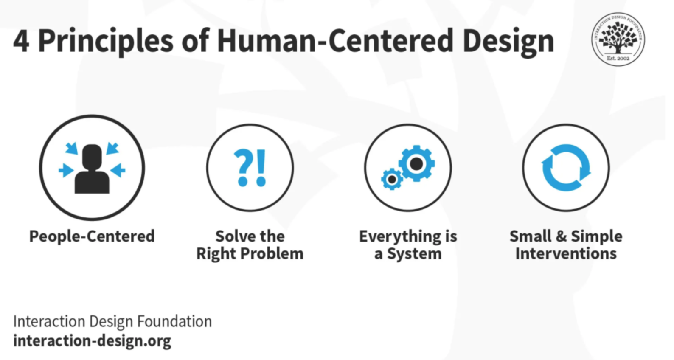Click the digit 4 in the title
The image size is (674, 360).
(x=21, y=42)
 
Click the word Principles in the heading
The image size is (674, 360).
(x=106, y=42)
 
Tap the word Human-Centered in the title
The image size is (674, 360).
(x=335, y=41)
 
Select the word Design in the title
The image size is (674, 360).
(x=508, y=42)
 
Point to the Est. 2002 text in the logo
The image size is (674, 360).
(x=618, y=58)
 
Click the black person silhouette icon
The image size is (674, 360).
(x=92, y=169)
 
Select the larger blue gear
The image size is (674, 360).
(x=416, y=163)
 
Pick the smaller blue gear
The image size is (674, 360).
(x=392, y=179)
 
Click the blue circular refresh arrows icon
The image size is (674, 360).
(x=566, y=168)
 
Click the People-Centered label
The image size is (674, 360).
(x=92, y=236)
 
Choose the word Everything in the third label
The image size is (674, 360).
(x=400, y=236)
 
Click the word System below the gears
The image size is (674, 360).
(x=414, y=254)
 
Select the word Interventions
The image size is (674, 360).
(x=566, y=254)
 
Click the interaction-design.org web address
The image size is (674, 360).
(x=92, y=341)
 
